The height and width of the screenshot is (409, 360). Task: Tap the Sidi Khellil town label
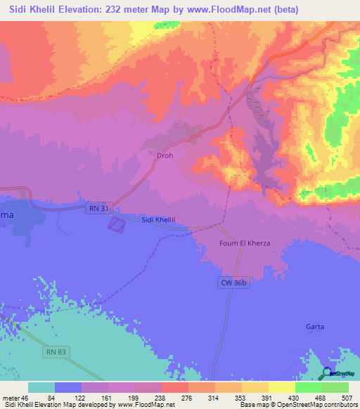(158, 220)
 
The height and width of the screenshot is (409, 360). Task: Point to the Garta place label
(314, 327)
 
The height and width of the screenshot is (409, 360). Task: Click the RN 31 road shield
(99, 209)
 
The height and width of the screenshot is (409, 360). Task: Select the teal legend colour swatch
(41, 387)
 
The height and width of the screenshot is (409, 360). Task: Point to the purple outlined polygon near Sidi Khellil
(116, 224)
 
